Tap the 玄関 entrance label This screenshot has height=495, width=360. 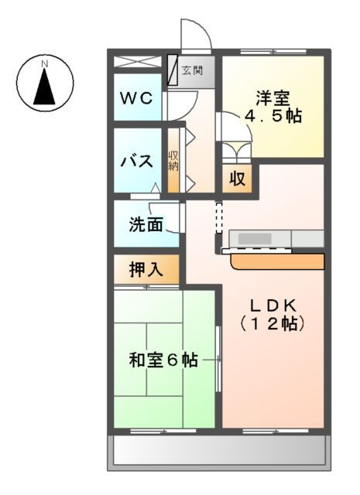[x=192, y=71]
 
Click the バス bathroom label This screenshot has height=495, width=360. [x=137, y=162]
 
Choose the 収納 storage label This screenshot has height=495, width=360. [x=174, y=161]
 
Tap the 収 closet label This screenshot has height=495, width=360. [x=238, y=179]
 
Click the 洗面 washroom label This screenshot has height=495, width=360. [x=146, y=225]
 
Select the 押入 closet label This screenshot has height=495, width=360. [x=146, y=270]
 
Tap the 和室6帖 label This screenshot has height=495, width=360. [x=163, y=360]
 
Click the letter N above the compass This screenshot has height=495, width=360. [x=45, y=62]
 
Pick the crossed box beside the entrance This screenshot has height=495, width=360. [x=139, y=61]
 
